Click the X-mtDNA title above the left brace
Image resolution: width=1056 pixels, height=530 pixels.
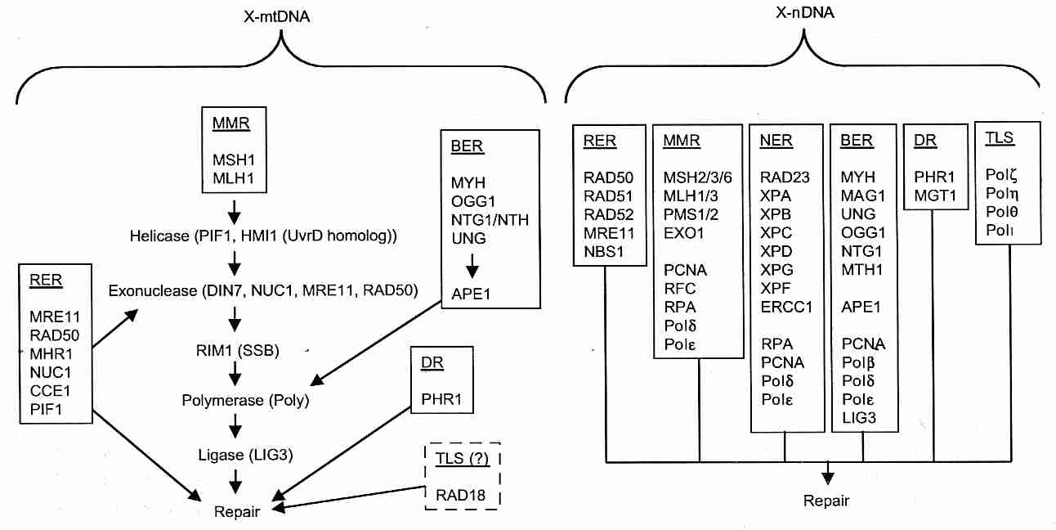click(281, 16)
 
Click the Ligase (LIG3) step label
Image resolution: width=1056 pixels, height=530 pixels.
click(235, 454)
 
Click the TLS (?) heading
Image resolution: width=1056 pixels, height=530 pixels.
click(462, 459)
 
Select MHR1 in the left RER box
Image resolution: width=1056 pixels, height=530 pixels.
click(51, 353)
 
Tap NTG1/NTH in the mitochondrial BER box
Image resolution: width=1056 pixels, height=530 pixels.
click(488, 219)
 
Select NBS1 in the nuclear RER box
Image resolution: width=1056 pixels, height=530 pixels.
click(604, 252)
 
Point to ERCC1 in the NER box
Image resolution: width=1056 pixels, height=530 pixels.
click(783, 307)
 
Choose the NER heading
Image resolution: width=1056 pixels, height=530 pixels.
click(776, 140)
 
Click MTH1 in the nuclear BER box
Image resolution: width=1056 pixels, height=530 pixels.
click(860, 269)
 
